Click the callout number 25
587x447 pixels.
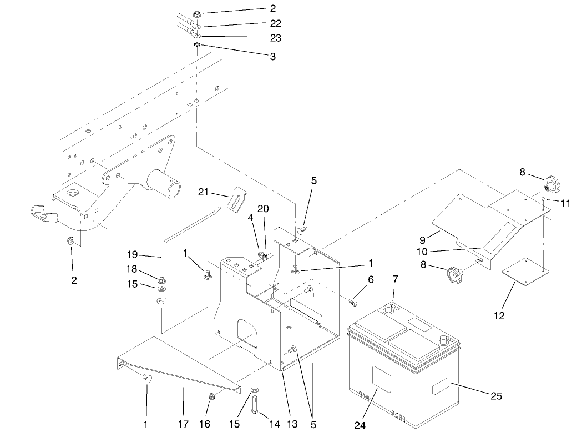coord(495,395)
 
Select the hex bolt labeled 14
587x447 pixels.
coord(255,411)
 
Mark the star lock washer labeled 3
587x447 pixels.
coord(196,45)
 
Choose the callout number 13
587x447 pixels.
coord(292,425)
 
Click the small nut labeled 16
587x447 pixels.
coord(212,396)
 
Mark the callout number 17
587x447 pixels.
coord(183,425)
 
